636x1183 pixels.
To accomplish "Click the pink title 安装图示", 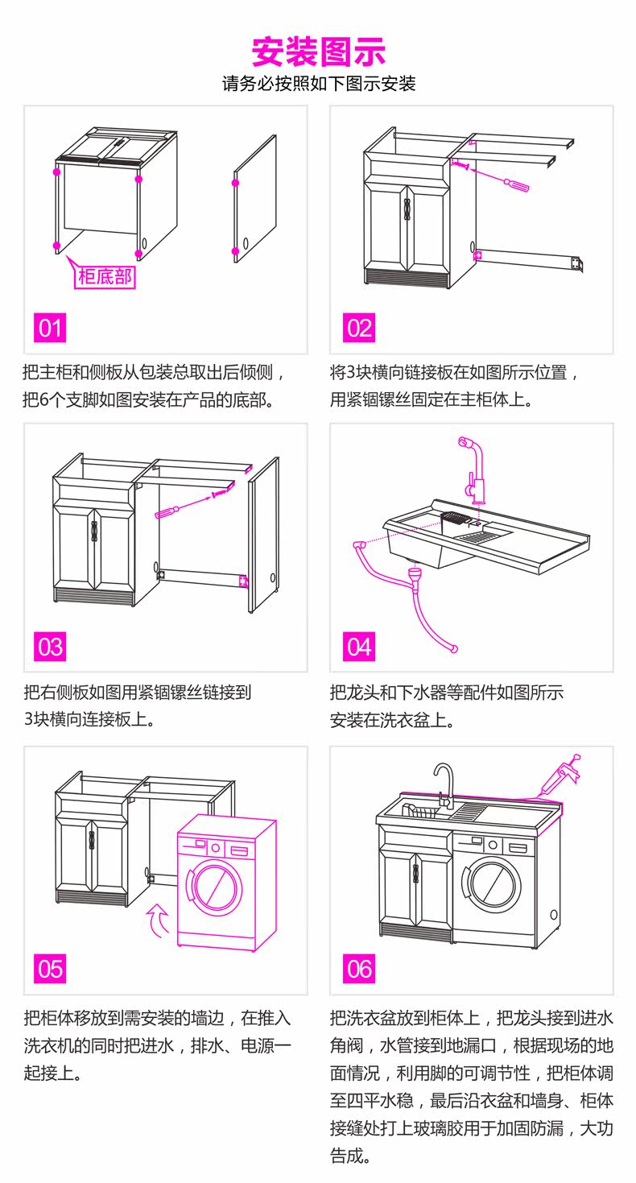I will click(319, 52).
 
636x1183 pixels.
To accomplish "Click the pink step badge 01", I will click(50, 328).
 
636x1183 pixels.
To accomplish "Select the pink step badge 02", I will click(358, 328).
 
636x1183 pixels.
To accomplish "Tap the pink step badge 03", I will click(50, 647).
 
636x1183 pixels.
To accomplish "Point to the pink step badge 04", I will click(358, 647).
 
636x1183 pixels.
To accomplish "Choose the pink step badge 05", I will click(50, 967).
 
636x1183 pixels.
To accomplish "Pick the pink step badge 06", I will click(358, 967).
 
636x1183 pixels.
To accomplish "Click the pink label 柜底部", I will click(105, 278).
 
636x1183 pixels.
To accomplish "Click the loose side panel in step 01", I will click(255, 198).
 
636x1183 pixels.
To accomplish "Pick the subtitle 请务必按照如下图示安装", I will click(319, 84).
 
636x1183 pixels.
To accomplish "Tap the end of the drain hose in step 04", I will click(456, 648).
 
